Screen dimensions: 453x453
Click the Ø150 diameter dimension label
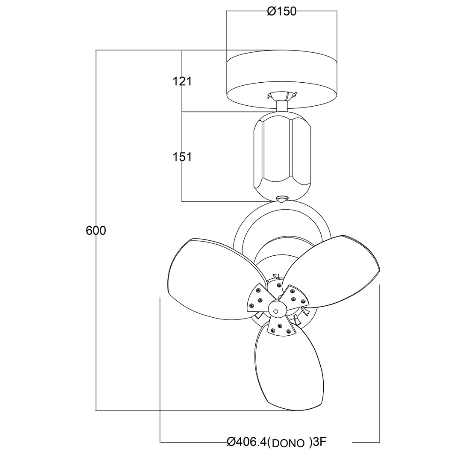coord(281,12)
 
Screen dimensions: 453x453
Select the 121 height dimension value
coord(182,81)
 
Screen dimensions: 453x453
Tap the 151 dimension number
coord(182,157)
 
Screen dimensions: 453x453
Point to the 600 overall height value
coord(96,230)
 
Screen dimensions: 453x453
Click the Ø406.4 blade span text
coord(246,441)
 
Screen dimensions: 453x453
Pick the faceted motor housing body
coord(281,153)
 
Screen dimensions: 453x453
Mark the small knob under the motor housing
coord(281,199)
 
